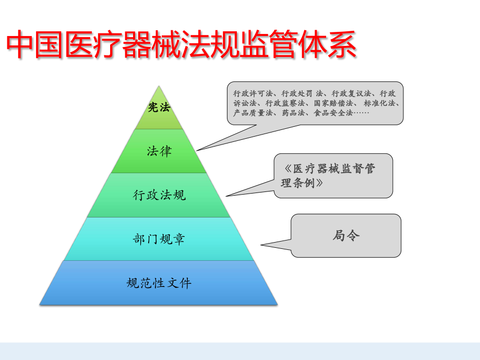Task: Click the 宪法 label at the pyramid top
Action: (159, 108)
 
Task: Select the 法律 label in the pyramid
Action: (159, 151)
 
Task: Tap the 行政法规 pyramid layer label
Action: (159, 195)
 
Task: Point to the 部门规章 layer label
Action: (159, 239)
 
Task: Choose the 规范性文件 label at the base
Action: (159, 283)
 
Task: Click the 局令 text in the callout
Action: (346, 235)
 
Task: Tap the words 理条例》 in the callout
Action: (302, 183)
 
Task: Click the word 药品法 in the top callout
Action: (294, 113)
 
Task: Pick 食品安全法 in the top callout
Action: (334, 113)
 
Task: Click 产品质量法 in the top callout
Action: (253, 113)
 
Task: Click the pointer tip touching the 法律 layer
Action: (197, 150)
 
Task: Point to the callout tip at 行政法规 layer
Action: (226, 196)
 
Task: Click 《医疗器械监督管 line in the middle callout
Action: (330, 169)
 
